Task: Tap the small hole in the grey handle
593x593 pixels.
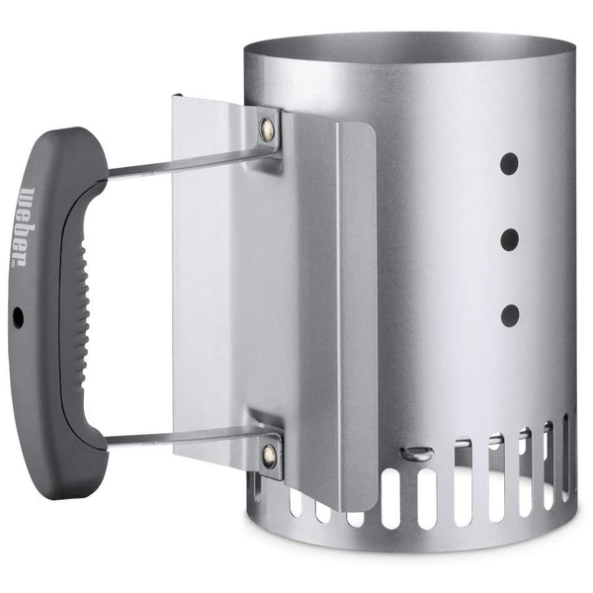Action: point(18,317)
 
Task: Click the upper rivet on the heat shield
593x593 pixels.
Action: point(267,127)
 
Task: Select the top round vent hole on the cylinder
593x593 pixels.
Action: point(509,164)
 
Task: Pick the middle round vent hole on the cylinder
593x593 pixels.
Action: point(510,240)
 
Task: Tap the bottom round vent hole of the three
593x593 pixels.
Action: point(510,315)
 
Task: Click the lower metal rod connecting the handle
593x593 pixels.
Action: point(189,438)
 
